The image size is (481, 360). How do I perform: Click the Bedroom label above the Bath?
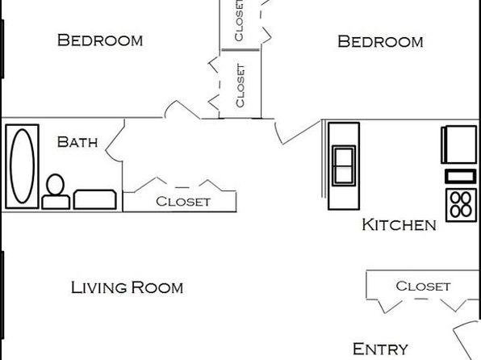[x=100, y=40]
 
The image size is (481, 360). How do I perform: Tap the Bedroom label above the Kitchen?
[x=380, y=41]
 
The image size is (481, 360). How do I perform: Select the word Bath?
[x=77, y=142]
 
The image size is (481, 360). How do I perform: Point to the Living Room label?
[x=127, y=287]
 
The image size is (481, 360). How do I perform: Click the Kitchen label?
[x=399, y=224]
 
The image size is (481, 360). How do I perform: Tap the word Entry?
[x=380, y=349]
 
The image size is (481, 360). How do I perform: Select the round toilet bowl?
[x=56, y=185]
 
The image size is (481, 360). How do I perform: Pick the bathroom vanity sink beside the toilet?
[x=94, y=199]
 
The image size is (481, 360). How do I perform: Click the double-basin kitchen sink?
[x=344, y=165]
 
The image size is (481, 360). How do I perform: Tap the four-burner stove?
[x=461, y=205]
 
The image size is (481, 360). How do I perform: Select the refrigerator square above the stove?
[x=459, y=144]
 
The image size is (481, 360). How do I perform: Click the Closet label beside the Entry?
[x=423, y=286]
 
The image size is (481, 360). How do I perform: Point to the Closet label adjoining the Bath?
[x=183, y=202]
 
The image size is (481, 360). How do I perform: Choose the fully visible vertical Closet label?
[x=240, y=86]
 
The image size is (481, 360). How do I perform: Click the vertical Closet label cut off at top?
[x=239, y=20]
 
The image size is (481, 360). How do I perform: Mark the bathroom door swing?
[x=114, y=141]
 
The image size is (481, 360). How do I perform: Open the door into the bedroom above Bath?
[x=182, y=109]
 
